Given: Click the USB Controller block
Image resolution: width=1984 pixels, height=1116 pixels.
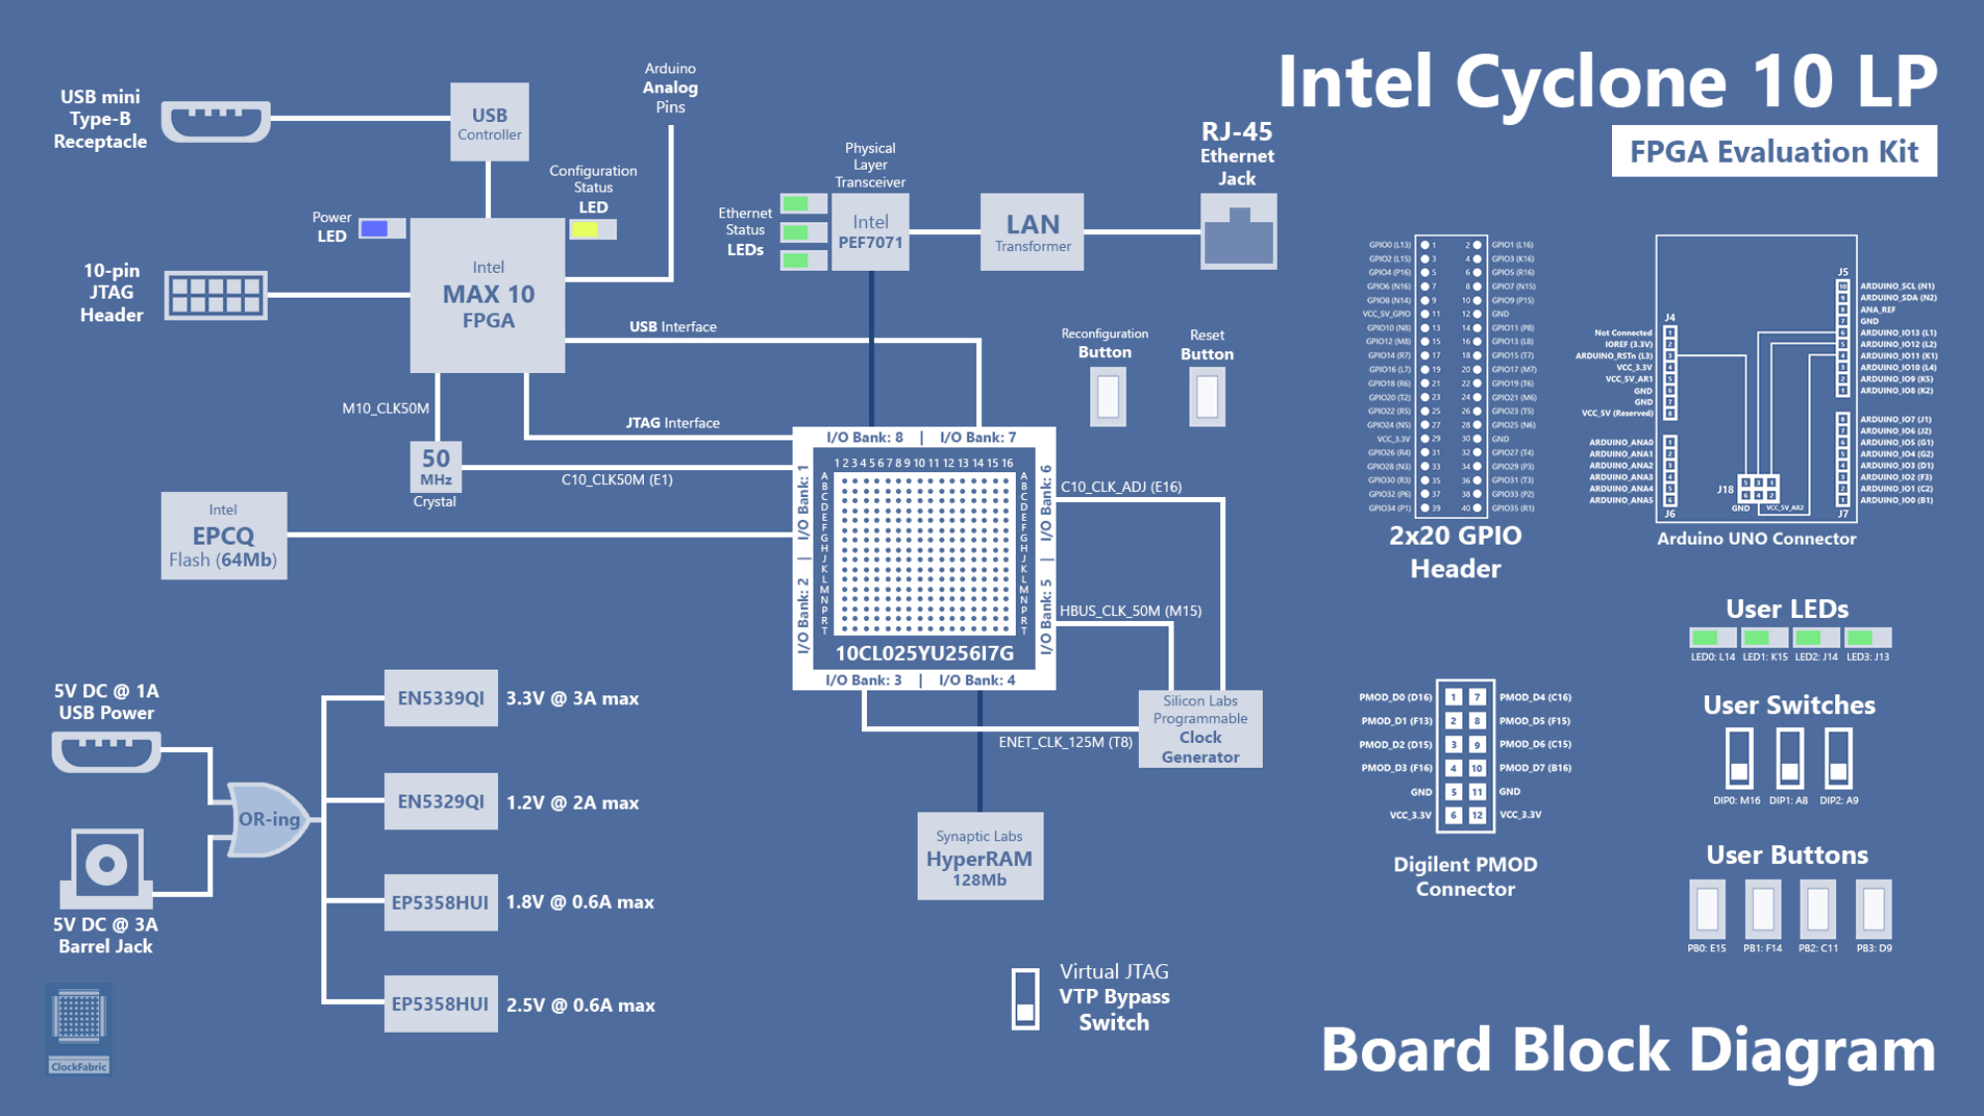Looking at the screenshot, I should click(x=489, y=123).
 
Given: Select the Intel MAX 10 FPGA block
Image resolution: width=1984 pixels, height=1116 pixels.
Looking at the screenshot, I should click(x=488, y=295).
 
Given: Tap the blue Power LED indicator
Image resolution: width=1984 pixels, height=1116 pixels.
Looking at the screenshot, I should click(x=375, y=229).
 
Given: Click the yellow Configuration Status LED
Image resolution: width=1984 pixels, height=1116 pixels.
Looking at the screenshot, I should click(x=585, y=230).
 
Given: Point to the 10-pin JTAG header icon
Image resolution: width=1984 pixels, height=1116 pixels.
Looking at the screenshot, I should click(x=215, y=295).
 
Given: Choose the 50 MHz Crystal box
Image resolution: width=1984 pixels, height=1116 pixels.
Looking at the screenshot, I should click(x=435, y=466).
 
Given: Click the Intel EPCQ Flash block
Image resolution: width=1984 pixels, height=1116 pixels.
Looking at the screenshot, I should click(x=223, y=536).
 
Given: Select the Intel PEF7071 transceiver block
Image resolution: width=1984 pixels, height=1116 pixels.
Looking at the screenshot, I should click(x=870, y=232).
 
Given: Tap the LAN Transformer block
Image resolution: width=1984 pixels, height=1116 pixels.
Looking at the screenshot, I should click(x=1032, y=232).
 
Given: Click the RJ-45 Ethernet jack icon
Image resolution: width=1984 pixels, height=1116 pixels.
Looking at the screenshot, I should click(x=1238, y=232).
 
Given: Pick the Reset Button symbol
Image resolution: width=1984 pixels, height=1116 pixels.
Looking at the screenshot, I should click(x=1207, y=396).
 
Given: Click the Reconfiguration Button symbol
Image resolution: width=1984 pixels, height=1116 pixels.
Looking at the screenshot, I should click(x=1108, y=396).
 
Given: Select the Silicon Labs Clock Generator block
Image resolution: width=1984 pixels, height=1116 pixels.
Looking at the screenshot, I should click(x=1200, y=729).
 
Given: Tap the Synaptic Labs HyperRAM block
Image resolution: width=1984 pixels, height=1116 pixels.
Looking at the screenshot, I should click(x=979, y=856).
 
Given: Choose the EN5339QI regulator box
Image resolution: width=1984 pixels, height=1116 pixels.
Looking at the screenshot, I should click(x=440, y=698).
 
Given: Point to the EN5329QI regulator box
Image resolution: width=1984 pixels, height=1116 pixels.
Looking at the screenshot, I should click(x=440, y=802).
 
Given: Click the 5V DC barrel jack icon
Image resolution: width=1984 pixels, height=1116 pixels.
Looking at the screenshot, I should click(x=106, y=866).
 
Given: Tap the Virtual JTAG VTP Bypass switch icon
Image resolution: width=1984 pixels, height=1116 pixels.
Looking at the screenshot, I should click(x=1025, y=999).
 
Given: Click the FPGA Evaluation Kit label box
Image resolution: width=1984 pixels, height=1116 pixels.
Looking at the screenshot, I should click(x=1774, y=152).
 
